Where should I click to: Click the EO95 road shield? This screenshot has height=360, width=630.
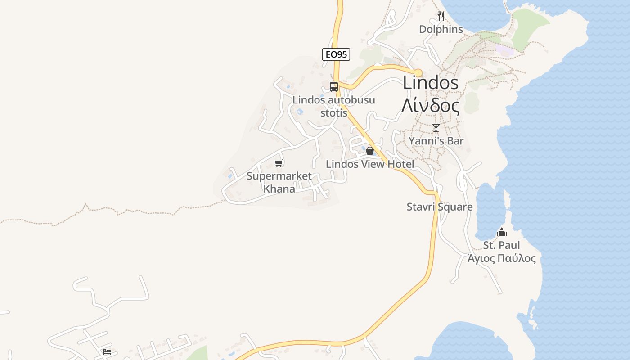(x=336, y=54)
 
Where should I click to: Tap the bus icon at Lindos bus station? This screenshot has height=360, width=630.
(x=334, y=87)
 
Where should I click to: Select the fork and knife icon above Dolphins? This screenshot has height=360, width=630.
(x=441, y=16)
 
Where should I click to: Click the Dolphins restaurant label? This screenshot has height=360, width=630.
(x=441, y=29)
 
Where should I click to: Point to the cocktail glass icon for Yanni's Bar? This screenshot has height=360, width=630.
(x=436, y=128)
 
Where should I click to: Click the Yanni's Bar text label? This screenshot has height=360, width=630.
(x=436, y=141)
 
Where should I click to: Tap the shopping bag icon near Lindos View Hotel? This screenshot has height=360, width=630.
(x=370, y=151)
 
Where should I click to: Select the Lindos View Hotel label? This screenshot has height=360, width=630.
(x=370, y=164)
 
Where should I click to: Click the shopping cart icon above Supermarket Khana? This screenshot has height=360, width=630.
(x=279, y=163)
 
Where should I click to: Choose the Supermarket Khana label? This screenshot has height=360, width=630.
(x=279, y=182)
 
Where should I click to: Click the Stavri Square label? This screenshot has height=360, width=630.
(x=440, y=207)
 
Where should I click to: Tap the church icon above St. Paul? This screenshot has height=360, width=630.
(x=502, y=232)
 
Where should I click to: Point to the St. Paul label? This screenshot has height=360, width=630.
(x=501, y=245)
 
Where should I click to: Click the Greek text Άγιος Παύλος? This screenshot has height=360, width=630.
(x=501, y=258)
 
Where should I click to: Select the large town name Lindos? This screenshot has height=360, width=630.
(x=431, y=83)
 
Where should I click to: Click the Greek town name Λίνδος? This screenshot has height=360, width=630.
(x=431, y=106)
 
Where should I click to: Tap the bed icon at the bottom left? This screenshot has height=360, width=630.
(x=107, y=351)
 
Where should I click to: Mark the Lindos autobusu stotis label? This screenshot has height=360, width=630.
(x=333, y=106)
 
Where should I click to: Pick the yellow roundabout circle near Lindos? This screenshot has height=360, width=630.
(x=418, y=73)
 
